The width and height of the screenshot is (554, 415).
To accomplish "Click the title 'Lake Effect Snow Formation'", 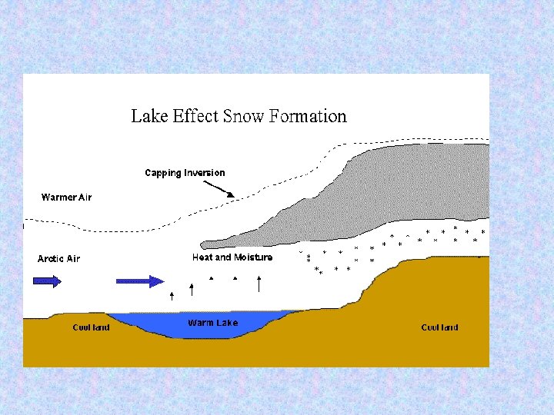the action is click(x=239, y=117).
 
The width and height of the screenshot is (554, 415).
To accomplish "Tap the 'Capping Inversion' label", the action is click(x=185, y=173).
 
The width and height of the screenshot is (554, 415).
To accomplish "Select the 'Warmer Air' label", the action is click(x=66, y=198).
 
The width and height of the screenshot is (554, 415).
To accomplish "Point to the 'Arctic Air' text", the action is click(x=58, y=259).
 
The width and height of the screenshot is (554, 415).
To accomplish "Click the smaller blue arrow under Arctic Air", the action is click(x=47, y=281).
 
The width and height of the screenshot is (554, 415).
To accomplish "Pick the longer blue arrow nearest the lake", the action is click(x=139, y=281).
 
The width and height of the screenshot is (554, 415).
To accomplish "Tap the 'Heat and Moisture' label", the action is click(x=232, y=257).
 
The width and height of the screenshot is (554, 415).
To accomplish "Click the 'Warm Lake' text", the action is click(x=212, y=323).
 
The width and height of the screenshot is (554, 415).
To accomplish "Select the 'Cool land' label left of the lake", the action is click(x=91, y=327).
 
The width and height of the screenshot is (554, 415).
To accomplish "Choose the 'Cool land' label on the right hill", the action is click(x=439, y=327).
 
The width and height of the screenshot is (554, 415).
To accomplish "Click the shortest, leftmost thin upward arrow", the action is click(x=172, y=295).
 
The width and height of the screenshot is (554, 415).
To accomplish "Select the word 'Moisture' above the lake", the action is click(x=253, y=257).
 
